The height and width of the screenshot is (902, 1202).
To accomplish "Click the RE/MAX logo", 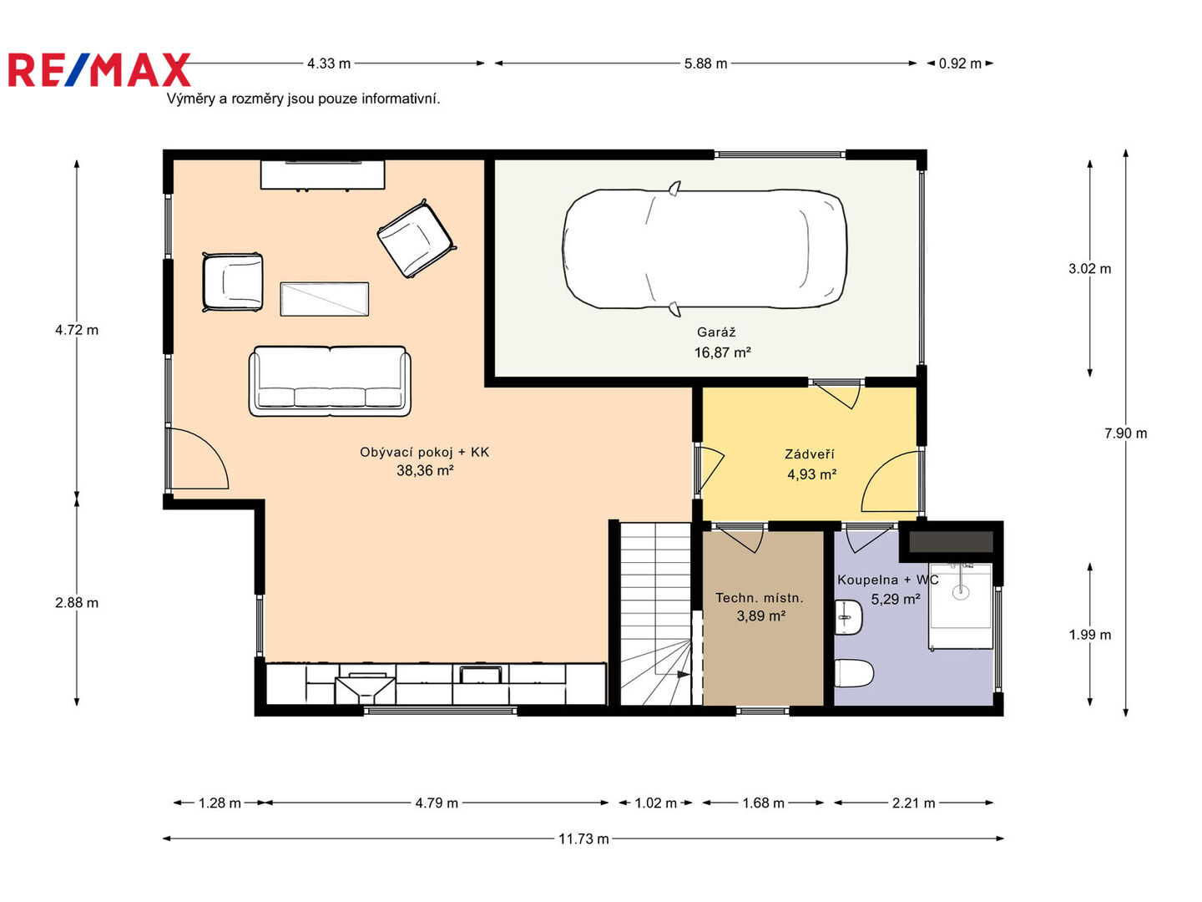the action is click(99, 69).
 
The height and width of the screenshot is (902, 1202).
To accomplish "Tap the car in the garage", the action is click(705, 249).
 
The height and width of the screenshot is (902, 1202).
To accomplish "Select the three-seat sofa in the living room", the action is click(330, 381).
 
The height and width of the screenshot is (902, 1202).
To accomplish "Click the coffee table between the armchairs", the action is click(324, 299).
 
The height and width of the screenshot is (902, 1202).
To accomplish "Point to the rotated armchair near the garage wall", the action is click(417, 239).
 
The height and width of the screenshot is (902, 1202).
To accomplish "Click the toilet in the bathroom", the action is click(853, 673).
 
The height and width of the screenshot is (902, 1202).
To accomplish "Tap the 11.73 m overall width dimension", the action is click(583, 839).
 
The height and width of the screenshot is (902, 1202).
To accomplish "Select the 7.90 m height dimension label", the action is click(1125, 433).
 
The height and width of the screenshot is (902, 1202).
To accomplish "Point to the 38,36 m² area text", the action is click(425, 470).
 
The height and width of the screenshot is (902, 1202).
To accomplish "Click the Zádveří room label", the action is click(810, 454).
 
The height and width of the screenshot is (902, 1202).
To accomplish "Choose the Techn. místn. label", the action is click(759, 598).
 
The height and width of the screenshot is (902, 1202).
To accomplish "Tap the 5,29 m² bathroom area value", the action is click(896, 599).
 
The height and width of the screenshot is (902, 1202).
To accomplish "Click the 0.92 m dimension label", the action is click(960, 63).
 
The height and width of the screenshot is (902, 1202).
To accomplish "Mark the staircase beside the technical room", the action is click(655, 613).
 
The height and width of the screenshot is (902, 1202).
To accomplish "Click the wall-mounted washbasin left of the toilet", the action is click(848, 617).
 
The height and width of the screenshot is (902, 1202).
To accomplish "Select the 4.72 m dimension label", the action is click(77, 330).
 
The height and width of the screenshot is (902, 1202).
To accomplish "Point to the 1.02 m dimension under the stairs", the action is click(655, 803).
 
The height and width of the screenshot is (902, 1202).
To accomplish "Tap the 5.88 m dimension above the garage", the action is click(705, 63).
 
